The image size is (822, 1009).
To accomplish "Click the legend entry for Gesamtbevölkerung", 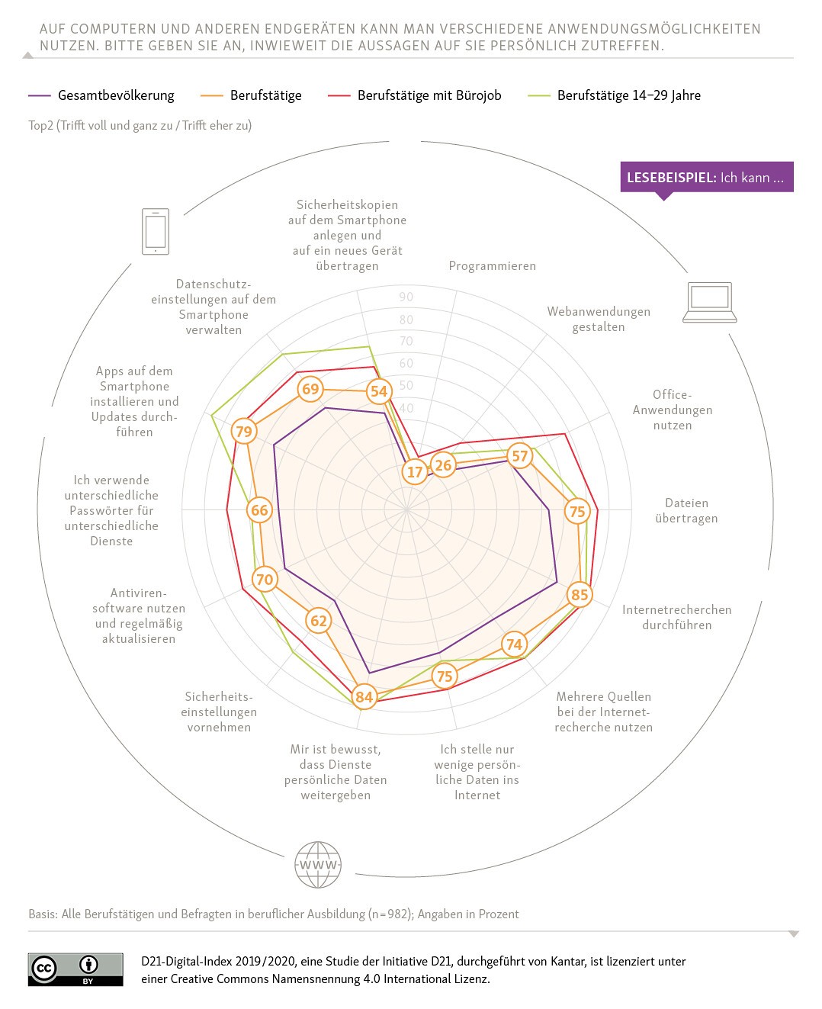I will pyautogui.click(x=101, y=95).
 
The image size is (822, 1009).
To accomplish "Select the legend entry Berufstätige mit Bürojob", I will pyautogui.click(x=415, y=95).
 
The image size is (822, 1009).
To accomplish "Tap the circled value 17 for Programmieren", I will pyautogui.click(x=415, y=472).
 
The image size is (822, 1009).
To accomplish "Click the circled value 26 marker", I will pyautogui.click(x=443, y=464).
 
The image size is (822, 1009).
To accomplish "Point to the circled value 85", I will pyautogui.click(x=580, y=594).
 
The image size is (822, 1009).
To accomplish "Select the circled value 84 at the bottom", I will pyautogui.click(x=364, y=696).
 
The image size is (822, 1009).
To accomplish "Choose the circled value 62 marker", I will pyautogui.click(x=319, y=621).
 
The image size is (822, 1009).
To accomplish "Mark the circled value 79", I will pyautogui.click(x=243, y=431).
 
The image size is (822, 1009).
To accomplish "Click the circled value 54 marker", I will pyautogui.click(x=378, y=391).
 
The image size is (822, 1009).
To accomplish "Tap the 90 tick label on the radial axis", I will pyautogui.click(x=406, y=297).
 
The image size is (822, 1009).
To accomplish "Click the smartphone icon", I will pyautogui.click(x=156, y=231).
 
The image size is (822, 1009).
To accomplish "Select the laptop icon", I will pyautogui.click(x=709, y=302).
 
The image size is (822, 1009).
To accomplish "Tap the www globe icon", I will pyautogui.click(x=318, y=865).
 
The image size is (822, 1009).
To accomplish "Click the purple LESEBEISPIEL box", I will pyautogui.click(x=706, y=177).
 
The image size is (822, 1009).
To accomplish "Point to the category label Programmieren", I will pyautogui.click(x=492, y=265).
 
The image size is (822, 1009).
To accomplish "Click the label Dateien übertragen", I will pyautogui.click(x=686, y=510).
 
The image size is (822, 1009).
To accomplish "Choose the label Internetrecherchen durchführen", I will pyautogui.click(x=676, y=617).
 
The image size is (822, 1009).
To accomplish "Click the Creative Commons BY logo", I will pyautogui.click(x=75, y=969).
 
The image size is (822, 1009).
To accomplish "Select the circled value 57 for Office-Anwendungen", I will pyautogui.click(x=519, y=456).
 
